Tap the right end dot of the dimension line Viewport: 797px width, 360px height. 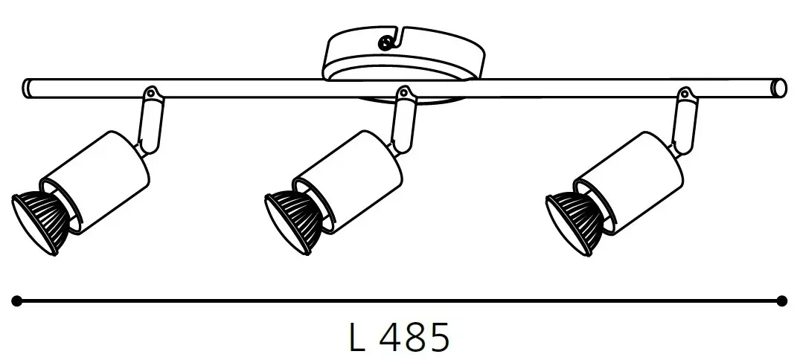click(781, 300)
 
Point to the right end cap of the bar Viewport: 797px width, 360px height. click(778, 89)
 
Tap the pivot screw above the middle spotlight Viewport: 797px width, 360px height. click(405, 93)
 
